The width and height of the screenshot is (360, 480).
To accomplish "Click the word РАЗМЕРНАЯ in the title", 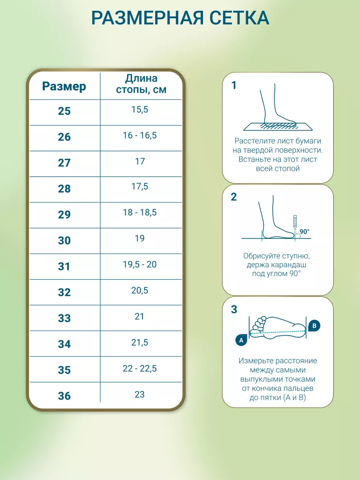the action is click(147, 18).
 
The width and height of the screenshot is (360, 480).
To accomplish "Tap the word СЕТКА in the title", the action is click(239, 18).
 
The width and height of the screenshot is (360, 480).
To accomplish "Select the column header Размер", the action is click(64, 86).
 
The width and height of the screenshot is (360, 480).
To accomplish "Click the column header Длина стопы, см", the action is click(141, 84).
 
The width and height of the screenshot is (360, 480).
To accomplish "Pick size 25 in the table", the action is click(64, 111).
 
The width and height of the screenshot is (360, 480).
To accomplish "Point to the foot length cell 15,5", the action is click(140, 109).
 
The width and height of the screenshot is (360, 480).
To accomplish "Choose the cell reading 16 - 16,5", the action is click(140, 135).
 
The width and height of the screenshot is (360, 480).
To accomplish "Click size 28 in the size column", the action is click(64, 189).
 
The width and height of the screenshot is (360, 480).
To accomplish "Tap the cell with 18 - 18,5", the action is click(140, 212).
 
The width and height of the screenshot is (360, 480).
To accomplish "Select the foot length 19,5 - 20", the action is click(140, 264).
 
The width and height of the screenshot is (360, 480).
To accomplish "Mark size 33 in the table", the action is click(64, 318).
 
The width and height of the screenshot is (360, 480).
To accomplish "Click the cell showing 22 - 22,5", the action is click(140, 368).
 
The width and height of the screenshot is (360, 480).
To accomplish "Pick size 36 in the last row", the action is click(64, 396).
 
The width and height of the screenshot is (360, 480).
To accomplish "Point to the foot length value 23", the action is click(140, 394).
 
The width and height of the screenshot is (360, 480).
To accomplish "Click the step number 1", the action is click(234, 85).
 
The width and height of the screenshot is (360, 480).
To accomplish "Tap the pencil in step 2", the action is click(295, 222).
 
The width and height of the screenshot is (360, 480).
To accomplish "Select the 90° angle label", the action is click(304, 232).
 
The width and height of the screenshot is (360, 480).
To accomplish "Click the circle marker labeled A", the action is click(241, 340).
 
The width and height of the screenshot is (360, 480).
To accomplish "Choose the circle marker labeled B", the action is click(314, 326).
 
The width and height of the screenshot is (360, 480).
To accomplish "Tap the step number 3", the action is click(234, 310).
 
